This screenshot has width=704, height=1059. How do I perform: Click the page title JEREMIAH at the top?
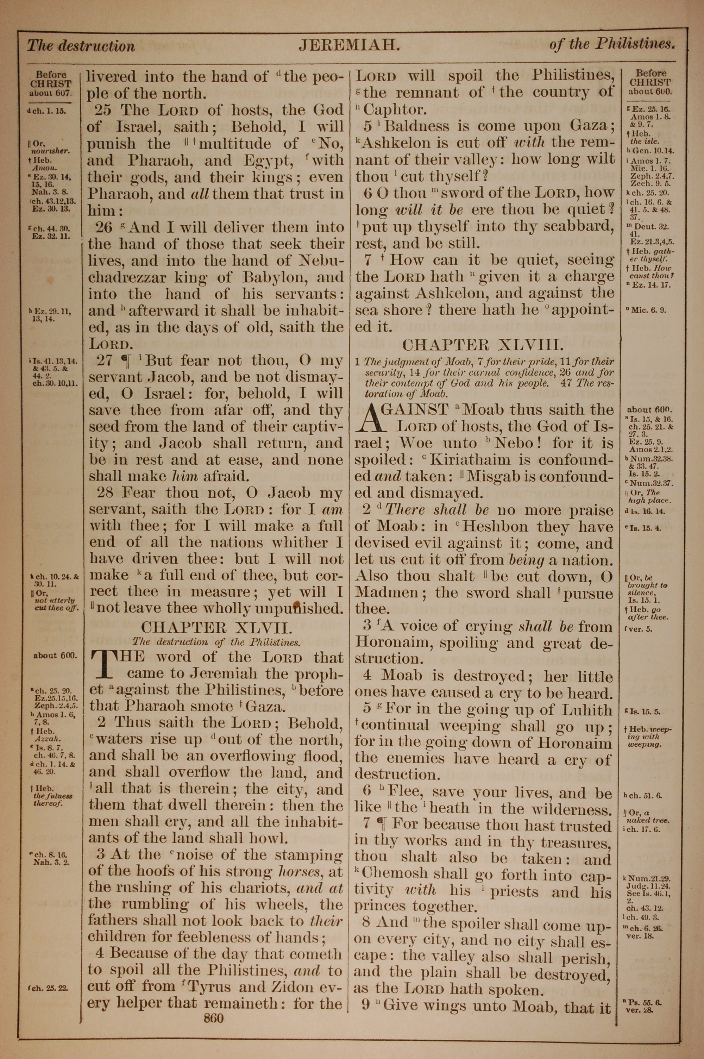click(349, 45)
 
